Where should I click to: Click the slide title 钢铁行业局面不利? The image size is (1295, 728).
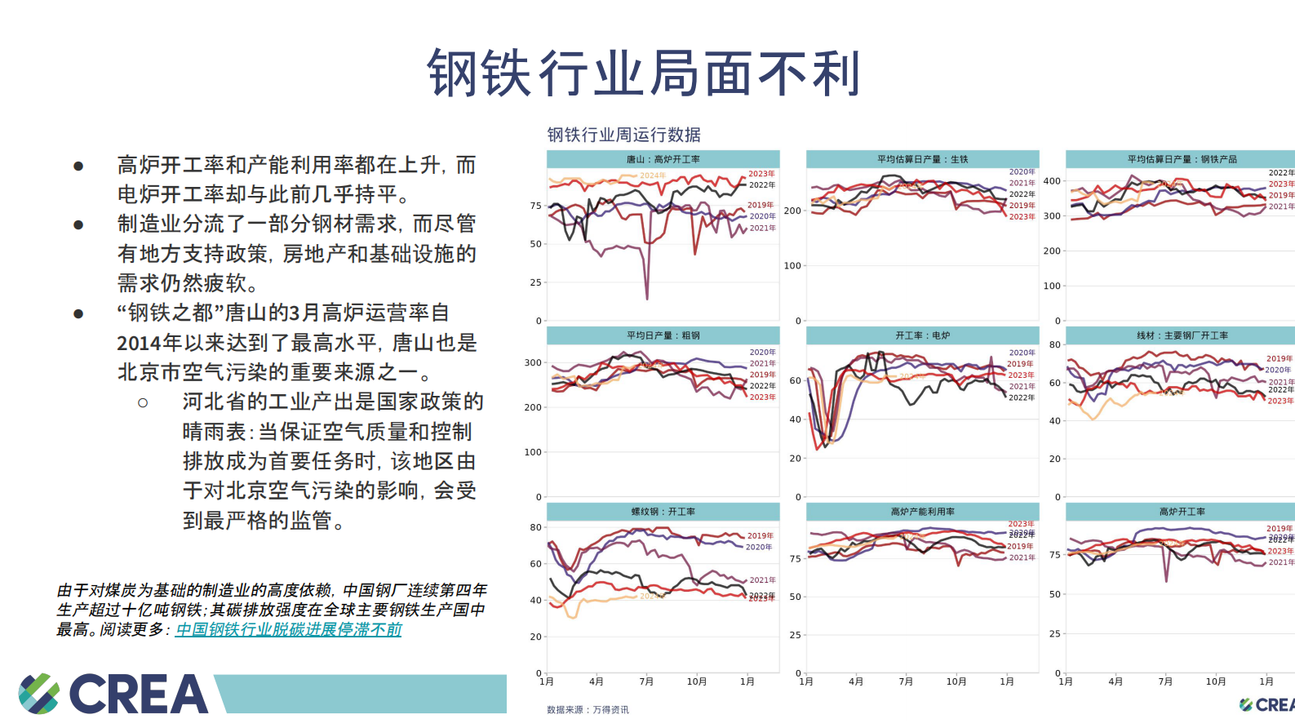point(644,73)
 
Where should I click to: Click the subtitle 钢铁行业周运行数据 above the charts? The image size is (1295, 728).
point(623,135)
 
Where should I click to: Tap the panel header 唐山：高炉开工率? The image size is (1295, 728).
point(663,159)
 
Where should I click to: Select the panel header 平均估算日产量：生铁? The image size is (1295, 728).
point(922,159)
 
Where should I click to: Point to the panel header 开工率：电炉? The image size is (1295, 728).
point(922,335)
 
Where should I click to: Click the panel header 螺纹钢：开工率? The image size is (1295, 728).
point(663,512)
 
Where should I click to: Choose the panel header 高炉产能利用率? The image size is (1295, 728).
point(922,512)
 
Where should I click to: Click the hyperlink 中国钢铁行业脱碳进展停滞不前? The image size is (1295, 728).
point(288,629)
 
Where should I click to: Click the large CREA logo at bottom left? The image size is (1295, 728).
point(114,694)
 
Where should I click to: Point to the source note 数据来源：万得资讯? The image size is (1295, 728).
point(588,709)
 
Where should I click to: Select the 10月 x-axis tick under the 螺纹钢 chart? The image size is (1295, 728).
point(696,681)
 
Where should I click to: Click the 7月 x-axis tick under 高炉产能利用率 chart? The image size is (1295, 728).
point(906,681)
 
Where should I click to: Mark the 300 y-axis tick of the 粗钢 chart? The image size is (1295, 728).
point(533,362)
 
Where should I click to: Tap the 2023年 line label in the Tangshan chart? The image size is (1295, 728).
point(761,174)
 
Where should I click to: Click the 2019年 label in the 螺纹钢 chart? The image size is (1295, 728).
point(760,536)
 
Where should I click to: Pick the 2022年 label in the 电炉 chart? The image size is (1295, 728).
point(1021,397)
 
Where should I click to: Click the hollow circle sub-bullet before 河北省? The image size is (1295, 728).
point(143,402)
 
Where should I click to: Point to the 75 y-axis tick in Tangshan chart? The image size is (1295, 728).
point(535,206)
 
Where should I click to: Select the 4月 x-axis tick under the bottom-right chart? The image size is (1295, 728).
point(1115,681)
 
